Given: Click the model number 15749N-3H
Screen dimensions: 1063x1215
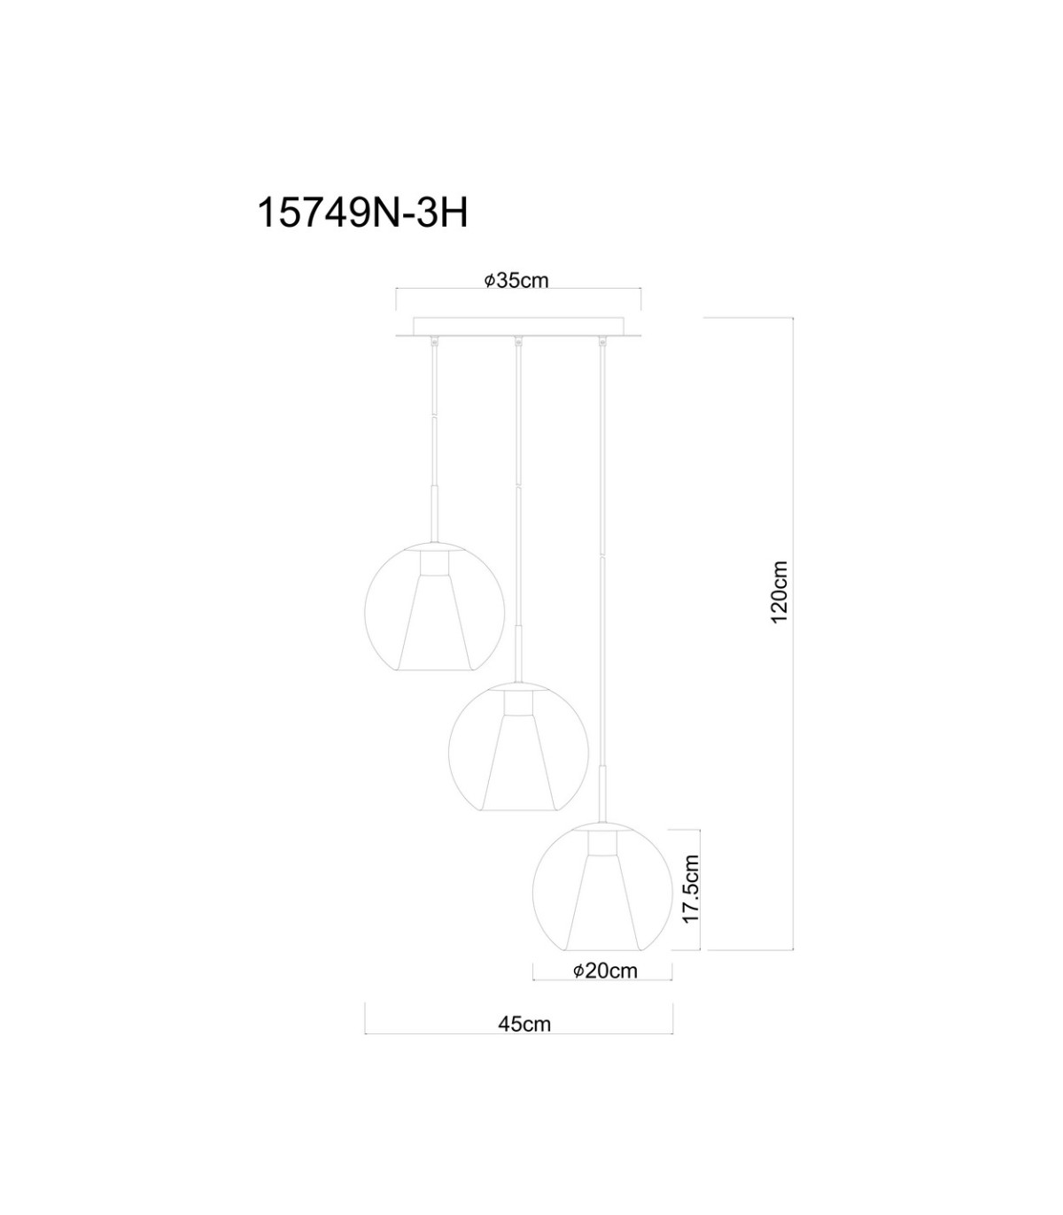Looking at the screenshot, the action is pyautogui.click(x=361, y=213).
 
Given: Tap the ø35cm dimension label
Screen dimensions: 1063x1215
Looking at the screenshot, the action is pyautogui.click(x=516, y=281).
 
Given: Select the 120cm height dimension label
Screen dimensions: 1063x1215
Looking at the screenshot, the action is pyautogui.click(x=779, y=592).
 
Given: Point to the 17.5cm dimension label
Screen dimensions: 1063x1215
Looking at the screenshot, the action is pyautogui.click(x=691, y=889).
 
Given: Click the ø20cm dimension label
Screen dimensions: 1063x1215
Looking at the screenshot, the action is pyautogui.click(x=605, y=971).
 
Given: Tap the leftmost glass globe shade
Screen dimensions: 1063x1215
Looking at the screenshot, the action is pyautogui.click(x=434, y=607).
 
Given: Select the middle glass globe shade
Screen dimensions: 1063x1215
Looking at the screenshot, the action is pyautogui.click(x=518, y=747).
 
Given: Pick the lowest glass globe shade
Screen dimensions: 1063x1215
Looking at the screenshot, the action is pyautogui.click(x=602, y=886).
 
